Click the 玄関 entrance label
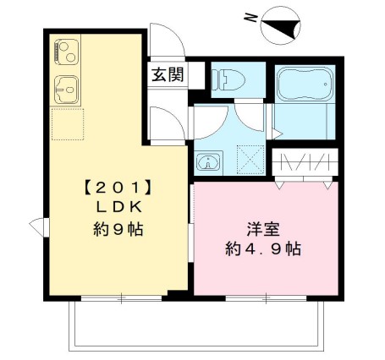pos(168,75)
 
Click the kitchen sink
pos(66,86)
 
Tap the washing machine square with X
pos(250,158)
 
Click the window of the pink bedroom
pos(264,297)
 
